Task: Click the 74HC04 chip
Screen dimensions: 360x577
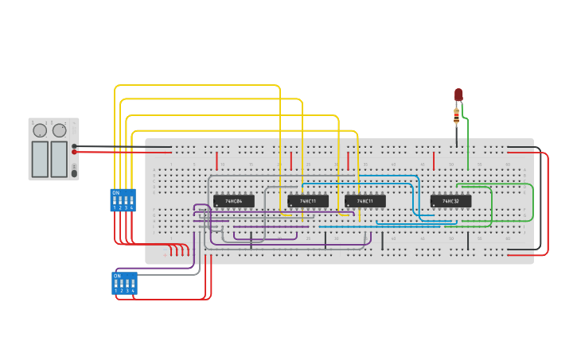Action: [233, 201]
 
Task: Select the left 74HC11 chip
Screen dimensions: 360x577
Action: [308, 201]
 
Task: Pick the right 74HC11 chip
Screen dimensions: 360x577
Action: [365, 201]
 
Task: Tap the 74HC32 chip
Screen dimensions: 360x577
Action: [450, 201]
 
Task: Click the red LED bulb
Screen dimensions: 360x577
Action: [458, 95]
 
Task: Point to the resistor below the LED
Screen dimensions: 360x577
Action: [456, 118]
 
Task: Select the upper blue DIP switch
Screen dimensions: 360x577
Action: [123, 199]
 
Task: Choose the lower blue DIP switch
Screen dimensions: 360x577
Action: [124, 283]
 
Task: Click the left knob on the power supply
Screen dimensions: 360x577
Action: [40, 130]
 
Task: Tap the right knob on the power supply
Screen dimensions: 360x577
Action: [60, 130]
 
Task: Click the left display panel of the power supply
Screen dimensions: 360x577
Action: [40, 159]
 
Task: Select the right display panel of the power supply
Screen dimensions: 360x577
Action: [59, 159]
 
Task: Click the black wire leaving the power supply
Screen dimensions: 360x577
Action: [111, 146]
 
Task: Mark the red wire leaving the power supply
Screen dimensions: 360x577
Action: [111, 152]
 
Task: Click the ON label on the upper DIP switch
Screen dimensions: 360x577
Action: [116, 192]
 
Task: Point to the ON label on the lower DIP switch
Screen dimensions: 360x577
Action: [118, 276]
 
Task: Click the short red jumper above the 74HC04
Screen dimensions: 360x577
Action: [216, 161]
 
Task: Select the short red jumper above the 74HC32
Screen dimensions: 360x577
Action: [434, 161]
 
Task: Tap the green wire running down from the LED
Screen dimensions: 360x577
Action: [468, 143]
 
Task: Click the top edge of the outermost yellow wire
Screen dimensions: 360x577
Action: [199, 85]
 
